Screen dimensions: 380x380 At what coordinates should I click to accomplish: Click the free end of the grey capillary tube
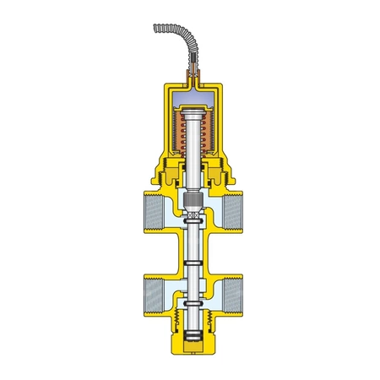coord(156,29)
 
